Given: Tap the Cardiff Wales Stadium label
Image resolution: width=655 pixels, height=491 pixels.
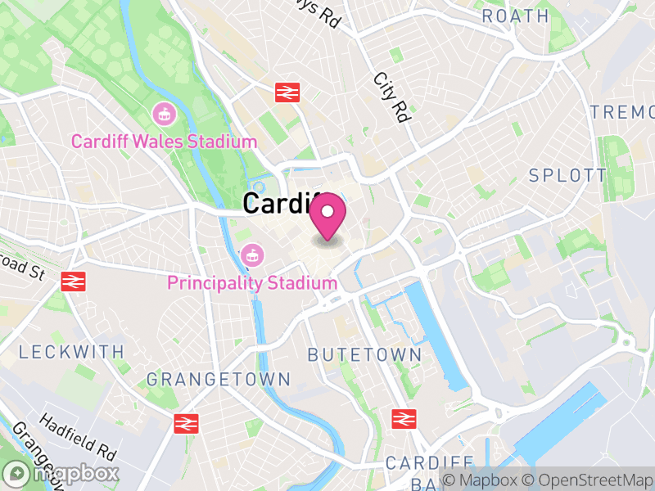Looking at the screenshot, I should pos(164,142).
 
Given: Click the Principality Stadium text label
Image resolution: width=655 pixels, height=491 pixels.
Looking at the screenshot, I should pos(252,283).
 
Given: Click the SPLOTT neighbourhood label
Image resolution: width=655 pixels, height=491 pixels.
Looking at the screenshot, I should pos(567,175).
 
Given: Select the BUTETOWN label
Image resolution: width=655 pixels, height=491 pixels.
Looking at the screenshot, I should pos(364,355).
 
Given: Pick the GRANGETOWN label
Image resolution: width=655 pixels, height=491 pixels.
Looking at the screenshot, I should pos(218,380).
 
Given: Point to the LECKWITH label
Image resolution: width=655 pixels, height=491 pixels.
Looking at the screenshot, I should pos(71,352).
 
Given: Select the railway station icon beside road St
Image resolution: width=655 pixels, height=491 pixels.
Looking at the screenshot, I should pos(73,282).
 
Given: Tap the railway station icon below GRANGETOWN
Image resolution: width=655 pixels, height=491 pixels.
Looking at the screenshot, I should pos(187,423).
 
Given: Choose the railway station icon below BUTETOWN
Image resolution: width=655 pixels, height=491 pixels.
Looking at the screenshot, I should pos(403,419).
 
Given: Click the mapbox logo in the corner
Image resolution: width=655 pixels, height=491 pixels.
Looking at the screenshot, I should pos(61,473).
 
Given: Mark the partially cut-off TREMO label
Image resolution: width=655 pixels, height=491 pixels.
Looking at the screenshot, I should pos(622,112).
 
